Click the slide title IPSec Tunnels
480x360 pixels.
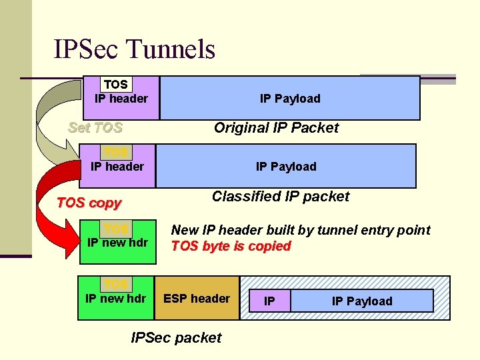click(135, 49)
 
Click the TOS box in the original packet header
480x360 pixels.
click(115, 85)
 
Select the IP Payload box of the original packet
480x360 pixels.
click(290, 98)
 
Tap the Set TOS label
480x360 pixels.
click(95, 127)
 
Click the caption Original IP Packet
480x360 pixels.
click(276, 128)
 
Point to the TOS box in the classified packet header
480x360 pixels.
click(115, 152)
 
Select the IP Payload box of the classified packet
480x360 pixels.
click(286, 166)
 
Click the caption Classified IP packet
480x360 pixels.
click(280, 196)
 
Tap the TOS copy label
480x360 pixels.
click(89, 203)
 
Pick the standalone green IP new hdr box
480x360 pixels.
click(117, 241)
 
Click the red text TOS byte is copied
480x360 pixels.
click(231, 246)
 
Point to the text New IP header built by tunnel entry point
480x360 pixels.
click(301, 230)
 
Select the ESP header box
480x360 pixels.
click(197, 299)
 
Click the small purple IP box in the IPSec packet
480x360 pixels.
click(269, 301)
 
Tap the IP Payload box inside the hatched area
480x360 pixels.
click(362, 301)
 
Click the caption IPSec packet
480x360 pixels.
click(176, 337)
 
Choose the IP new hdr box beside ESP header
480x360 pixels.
click(116, 299)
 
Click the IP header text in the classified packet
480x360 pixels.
click(117, 167)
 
